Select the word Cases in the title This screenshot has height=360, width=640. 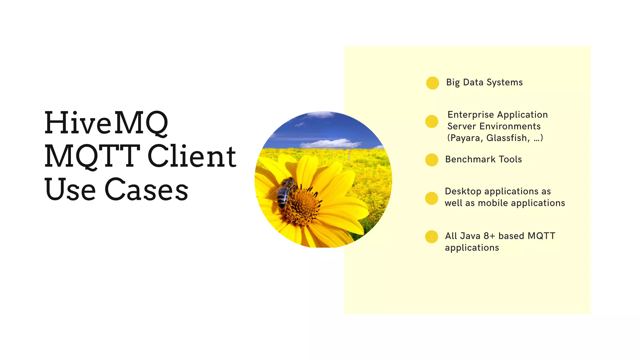[x=146, y=189]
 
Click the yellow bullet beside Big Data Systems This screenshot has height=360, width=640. [x=432, y=83]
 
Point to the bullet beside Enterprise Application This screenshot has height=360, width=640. [x=432, y=121]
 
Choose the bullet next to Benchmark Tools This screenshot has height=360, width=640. [x=432, y=160]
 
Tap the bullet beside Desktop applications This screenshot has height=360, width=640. [x=432, y=198]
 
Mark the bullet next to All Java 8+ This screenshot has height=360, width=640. [x=432, y=237]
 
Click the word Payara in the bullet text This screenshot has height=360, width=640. [x=465, y=138]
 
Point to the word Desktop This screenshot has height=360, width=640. [x=463, y=191]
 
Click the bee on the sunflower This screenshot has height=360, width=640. [x=285, y=191]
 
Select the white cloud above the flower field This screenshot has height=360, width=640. [x=330, y=144]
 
